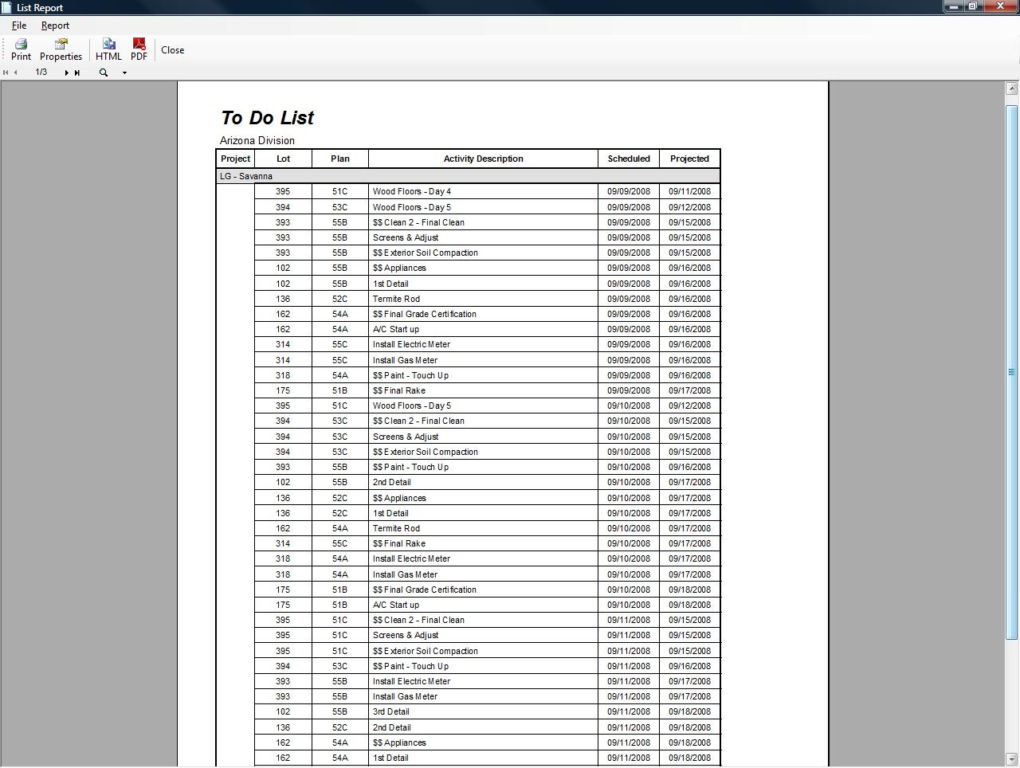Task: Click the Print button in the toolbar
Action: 21,49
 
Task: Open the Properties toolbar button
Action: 61,49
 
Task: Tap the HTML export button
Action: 108,49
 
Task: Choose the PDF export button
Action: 139,49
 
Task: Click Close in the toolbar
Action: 172,50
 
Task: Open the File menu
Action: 19,25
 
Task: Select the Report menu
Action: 55,25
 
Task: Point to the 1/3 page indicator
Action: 41,72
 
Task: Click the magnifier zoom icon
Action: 104,72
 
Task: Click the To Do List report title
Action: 267,118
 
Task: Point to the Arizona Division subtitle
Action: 257,140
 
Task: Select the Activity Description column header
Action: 483,159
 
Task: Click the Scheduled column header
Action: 629,159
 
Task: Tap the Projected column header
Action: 689,159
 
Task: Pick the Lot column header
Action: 283,159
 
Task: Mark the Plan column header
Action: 340,159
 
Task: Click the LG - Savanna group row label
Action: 246,176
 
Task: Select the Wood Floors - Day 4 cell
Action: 412,191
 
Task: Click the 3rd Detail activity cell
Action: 391,711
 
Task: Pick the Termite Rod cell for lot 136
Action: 396,299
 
